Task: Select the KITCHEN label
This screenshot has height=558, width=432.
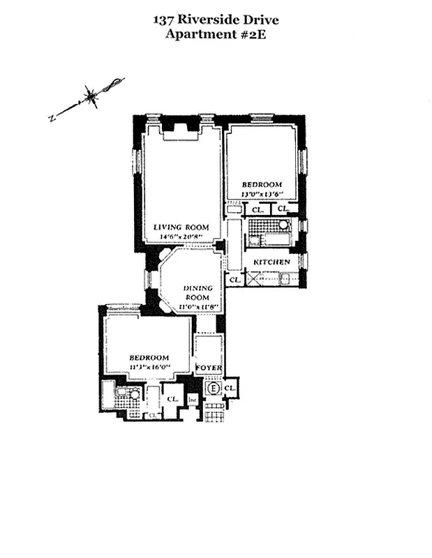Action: tap(271, 262)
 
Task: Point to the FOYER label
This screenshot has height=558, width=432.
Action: tap(208, 368)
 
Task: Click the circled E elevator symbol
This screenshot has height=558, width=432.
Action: tap(213, 388)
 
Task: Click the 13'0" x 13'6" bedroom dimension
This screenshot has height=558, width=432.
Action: tap(262, 195)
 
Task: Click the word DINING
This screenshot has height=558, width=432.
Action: tap(198, 288)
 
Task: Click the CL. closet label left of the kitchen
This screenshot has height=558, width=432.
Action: tap(234, 280)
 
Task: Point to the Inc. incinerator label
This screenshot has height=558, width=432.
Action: tap(192, 400)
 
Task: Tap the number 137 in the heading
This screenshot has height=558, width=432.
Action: tap(165, 20)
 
